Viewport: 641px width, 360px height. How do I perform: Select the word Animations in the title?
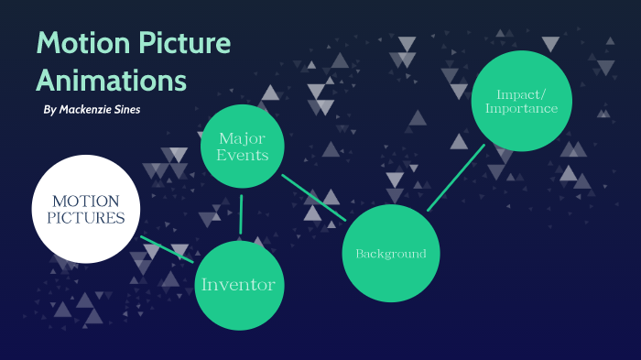pyautogui.click(x=111, y=80)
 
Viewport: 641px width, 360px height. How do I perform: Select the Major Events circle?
pyautogui.click(x=242, y=147)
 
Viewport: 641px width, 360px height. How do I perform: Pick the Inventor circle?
pyautogui.click(x=238, y=285)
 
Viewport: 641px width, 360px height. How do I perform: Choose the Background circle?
pyautogui.click(x=391, y=253)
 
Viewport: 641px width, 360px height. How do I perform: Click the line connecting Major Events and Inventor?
pyautogui.click(x=241, y=214)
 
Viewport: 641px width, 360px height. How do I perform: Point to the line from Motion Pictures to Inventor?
pyautogui.click(x=167, y=249)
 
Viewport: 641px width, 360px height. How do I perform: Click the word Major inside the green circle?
pyautogui.click(x=242, y=137)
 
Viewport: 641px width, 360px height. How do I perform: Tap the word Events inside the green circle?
pyautogui.click(x=242, y=155)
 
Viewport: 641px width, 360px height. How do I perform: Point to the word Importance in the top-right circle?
pyautogui.click(x=521, y=109)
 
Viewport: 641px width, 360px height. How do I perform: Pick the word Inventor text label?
pyautogui.click(x=238, y=285)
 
